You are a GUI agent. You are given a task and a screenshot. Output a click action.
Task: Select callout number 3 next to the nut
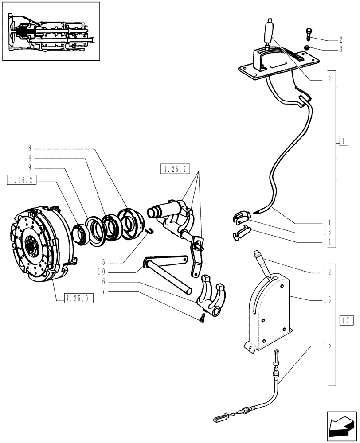(340, 50)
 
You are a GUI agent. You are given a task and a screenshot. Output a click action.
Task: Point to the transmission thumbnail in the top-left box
(50, 32)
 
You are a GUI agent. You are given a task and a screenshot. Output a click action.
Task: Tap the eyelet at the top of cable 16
(276, 353)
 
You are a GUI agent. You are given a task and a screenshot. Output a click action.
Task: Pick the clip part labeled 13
(239, 217)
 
